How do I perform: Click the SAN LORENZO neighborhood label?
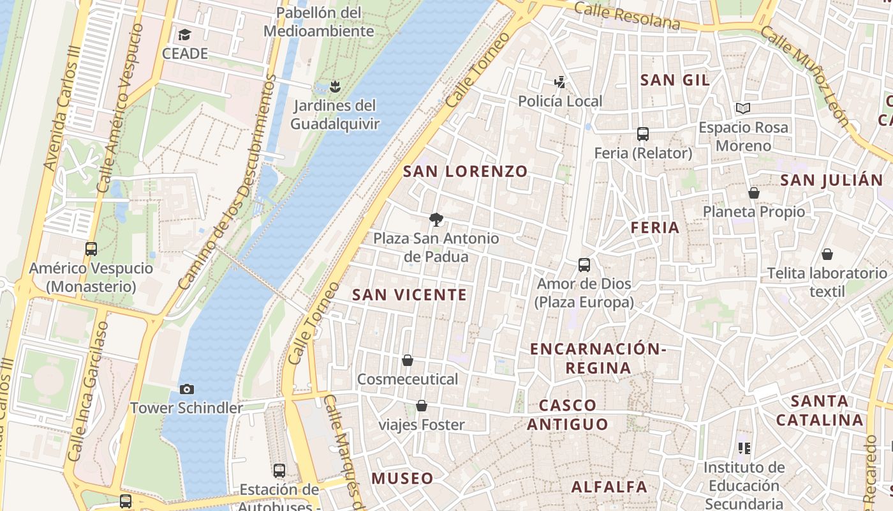pos(466,171)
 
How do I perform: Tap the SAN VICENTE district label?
pos(410,294)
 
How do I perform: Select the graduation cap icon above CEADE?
pos(184,34)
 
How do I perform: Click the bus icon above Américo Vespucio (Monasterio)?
pos(91,249)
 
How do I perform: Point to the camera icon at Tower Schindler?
pos(187,389)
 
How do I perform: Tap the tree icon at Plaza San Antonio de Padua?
pos(436,220)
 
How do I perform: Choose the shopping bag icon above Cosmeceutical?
pos(408,360)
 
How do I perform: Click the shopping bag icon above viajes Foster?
pos(421,406)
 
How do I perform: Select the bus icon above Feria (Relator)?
pos(642,134)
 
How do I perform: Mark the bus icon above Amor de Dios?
pos(584,264)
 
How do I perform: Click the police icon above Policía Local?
pos(559,82)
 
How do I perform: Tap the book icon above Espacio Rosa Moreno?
pos(742,108)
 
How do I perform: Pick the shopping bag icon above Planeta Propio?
pos(753,192)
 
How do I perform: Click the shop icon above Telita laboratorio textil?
pos(827,254)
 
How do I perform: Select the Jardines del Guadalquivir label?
pos(335,114)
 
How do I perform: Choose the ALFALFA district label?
pos(609,487)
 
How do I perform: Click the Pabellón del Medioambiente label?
pos(319,22)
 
